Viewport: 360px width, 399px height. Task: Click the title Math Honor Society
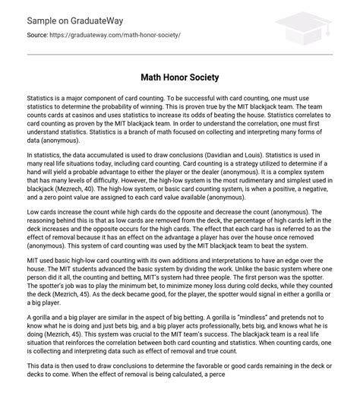[179, 78]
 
